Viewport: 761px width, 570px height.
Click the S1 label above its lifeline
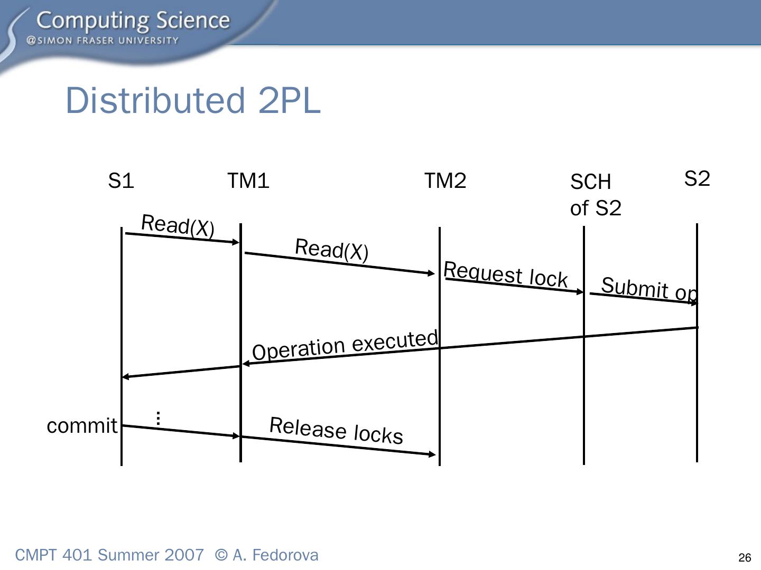pyautogui.click(x=121, y=181)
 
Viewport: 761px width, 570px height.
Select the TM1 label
pyautogui.click(x=248, y=181)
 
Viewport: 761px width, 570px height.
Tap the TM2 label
pyautogui.click(x=445, y=181)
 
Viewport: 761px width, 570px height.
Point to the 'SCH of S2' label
pyautogui.click(x=596, y=195)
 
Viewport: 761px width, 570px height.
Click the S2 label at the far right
pyautogui.click(x=697, y=179)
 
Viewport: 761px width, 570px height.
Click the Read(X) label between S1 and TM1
pyautogui.click(x=178, y=226)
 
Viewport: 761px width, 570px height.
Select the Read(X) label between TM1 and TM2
pyautogui.click(x=331, y=249)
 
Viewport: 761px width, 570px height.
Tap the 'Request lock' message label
pyautogui.click(x=505, y=274)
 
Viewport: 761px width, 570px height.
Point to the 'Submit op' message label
pyautogui.click(x=649, y=289)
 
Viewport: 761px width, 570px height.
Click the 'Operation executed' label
pyautogui.click(x=345, y=345)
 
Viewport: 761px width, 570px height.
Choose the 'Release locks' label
pyautogui.click(x=336, y=430)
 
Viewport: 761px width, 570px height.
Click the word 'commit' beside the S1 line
pyautogui.click(x=82, y=425)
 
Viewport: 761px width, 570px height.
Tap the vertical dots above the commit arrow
pyautogui.click(x=158, y=418)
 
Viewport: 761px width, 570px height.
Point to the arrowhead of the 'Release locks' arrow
pyautogui.click(x=432, y=454)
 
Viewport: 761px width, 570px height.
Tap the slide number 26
pyautogui.click(x=745, y=558)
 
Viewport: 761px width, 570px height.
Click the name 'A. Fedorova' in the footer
pyautogui.click(x=275, y=555)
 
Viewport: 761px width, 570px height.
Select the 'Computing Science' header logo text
pyautogui.click(x=133, y=21)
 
